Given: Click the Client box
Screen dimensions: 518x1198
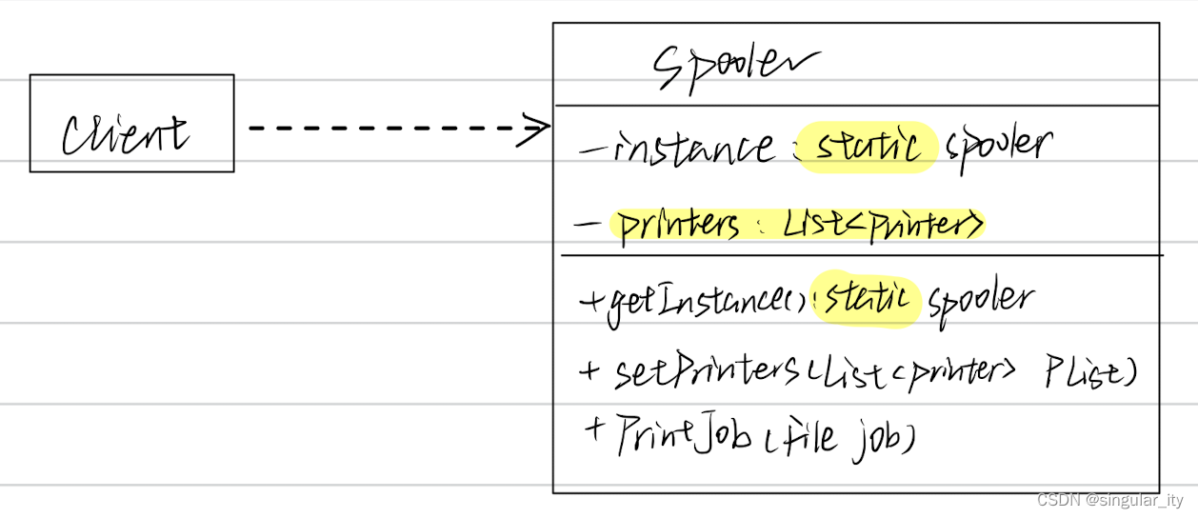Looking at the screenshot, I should (131, 124).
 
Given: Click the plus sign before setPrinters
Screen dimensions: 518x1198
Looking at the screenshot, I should (588, 369).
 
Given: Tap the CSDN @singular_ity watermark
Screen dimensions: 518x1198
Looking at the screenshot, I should (1109, 500).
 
